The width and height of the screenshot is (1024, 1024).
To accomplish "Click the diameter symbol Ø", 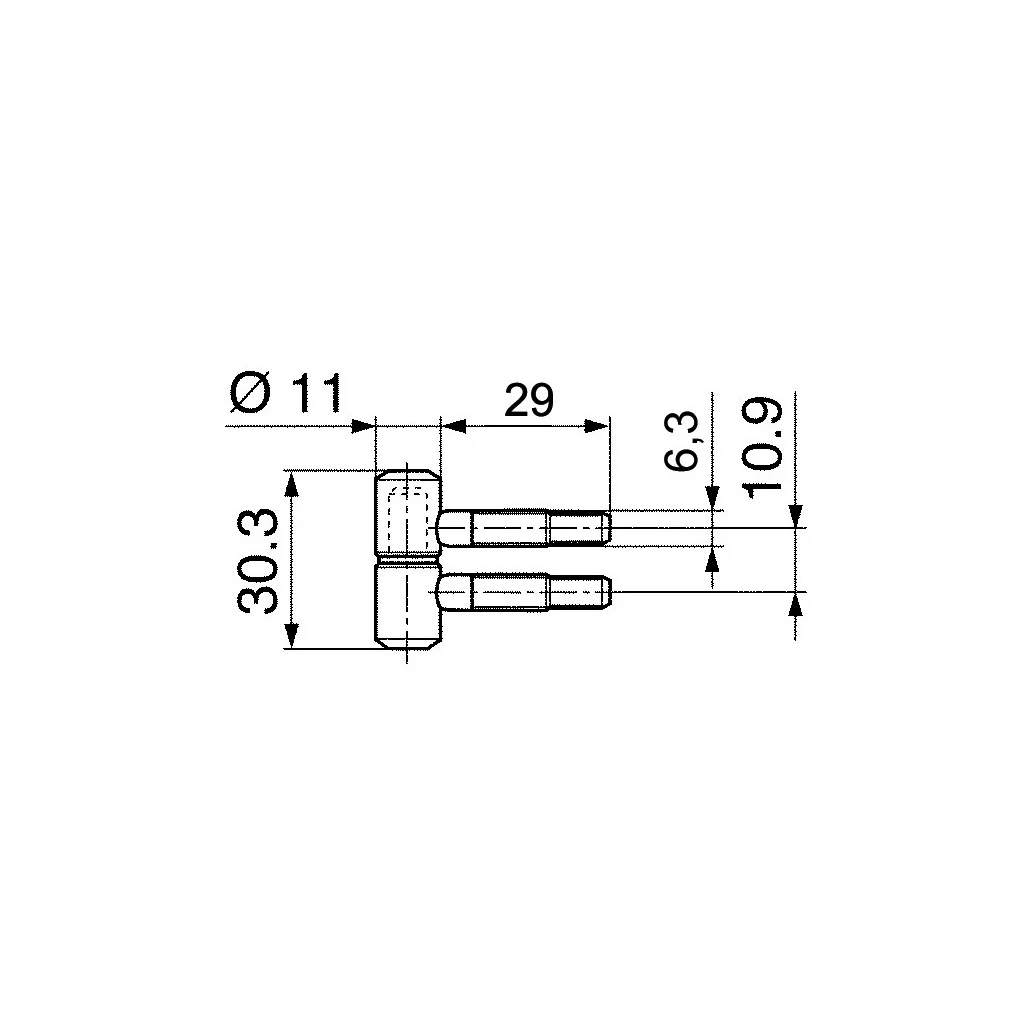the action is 250,393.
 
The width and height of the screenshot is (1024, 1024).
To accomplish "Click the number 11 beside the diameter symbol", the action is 316,394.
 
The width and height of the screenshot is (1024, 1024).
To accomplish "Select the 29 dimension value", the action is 529,400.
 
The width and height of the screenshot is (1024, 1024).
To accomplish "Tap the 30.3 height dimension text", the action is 257,562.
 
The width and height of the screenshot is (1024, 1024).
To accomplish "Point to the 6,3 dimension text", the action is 681,441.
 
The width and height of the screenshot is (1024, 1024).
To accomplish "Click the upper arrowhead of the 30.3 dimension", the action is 291,485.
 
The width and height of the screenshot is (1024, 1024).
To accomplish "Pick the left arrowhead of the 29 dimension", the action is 453,426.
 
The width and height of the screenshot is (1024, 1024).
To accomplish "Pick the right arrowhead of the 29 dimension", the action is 597,426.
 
